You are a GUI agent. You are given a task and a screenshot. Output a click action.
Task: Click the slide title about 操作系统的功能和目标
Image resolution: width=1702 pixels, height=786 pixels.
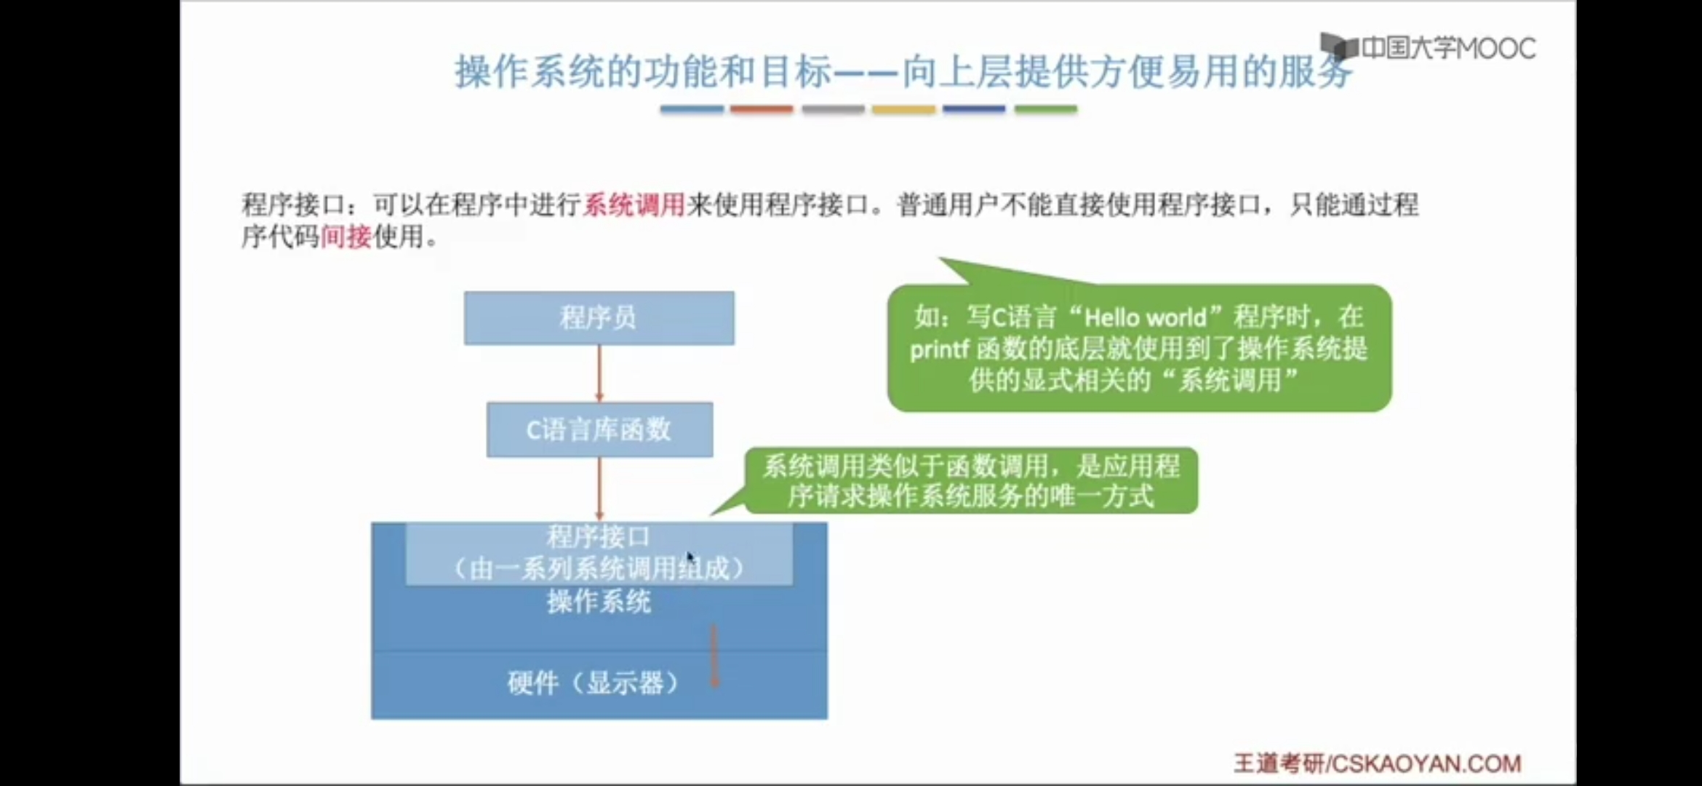coord(902,72)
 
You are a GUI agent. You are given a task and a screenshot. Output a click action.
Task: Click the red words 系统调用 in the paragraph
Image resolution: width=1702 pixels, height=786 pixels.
coord(634,205)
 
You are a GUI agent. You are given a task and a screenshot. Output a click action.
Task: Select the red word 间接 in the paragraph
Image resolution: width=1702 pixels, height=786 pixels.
coord(346,237)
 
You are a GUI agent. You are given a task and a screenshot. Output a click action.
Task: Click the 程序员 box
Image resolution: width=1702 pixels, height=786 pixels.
coord(599,318)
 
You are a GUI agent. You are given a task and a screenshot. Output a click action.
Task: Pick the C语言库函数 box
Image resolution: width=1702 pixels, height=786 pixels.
coord(599,429)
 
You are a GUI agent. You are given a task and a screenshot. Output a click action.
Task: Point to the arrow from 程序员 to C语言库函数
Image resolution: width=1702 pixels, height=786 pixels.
coord(599,373)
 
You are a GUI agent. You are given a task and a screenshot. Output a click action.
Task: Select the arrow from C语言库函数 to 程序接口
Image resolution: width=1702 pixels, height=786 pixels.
coord(599,488)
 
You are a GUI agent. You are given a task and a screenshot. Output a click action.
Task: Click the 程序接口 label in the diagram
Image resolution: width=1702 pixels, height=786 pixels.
coord(598,538)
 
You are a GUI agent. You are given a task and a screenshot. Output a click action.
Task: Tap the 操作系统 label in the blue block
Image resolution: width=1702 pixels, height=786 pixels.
coord(599,602)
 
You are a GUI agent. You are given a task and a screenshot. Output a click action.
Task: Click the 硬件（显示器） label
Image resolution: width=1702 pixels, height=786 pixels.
coord(593,683)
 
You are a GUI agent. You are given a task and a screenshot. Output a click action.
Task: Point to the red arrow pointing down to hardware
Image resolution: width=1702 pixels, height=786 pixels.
coord(714,655)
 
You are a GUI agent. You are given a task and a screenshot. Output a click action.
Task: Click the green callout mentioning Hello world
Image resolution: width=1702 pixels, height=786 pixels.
coord(1139,348)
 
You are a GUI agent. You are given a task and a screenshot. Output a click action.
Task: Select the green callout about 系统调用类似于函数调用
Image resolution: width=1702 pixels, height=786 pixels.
coord(971,481)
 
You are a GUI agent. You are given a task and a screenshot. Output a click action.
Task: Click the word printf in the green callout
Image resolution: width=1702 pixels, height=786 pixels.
coord(939,349)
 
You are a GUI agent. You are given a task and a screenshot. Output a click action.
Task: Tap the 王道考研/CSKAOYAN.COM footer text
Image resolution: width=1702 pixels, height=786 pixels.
coord(1377,763)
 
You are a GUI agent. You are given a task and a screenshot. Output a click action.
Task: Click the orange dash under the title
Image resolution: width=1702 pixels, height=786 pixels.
coord(762,109)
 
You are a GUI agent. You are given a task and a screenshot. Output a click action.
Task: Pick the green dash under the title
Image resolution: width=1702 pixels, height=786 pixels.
coord(1045,109)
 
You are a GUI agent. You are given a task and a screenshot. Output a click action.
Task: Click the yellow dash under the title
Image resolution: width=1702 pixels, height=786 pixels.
coord(903,109)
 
